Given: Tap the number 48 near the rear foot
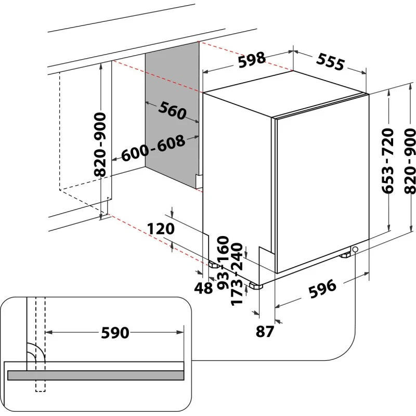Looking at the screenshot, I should coord(203,288).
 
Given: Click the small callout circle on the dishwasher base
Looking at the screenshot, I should coord(355,250).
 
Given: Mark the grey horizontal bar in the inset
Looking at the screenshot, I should coord(96,375).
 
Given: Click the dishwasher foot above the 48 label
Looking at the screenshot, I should coord(214,264).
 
